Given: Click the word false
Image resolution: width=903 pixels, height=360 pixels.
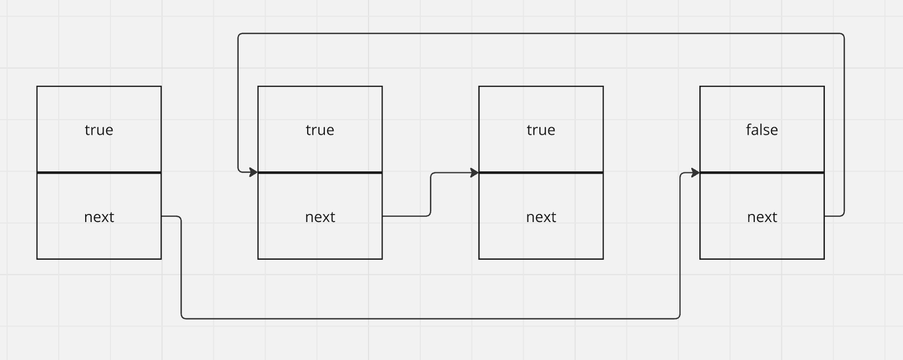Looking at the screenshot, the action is point(762,130).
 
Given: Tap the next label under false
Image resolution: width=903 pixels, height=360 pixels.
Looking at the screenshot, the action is point(762,217).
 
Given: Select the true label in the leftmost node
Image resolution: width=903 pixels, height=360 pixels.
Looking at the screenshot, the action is point(99,130).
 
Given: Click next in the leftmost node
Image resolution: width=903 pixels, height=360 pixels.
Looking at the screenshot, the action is point(99,217).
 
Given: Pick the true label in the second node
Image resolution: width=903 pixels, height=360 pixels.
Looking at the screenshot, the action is point(319,130).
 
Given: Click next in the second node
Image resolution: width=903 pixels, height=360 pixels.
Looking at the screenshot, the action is point(320,217).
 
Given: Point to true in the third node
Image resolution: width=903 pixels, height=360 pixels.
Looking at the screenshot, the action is point(541,130).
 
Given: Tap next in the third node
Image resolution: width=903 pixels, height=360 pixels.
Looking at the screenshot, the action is point(541,217).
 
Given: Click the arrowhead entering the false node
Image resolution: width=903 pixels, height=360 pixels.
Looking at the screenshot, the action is point(696,172).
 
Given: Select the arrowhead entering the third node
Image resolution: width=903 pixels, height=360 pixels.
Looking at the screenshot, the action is point(475,172).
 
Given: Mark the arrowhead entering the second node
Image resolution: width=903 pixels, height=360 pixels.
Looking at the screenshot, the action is point(254,172).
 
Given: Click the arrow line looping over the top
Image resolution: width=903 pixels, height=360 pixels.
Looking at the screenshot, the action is point(541,33).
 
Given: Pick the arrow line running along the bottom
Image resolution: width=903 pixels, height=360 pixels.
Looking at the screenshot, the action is point(430,319).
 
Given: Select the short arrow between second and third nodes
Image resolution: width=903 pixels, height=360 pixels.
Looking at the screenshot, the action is point(430,195).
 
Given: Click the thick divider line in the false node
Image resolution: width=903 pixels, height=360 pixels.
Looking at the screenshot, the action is point(762,172).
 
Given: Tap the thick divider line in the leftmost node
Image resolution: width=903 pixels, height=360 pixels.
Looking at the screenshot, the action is point(99,172).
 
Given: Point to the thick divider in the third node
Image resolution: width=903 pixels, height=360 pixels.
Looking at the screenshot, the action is point(541,172).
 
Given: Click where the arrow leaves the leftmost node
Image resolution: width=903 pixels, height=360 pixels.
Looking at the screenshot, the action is point(162,216).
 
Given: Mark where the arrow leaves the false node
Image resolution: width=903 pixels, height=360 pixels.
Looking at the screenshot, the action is point(825,216).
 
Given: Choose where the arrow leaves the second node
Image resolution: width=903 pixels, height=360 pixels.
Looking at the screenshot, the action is point(383,216).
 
